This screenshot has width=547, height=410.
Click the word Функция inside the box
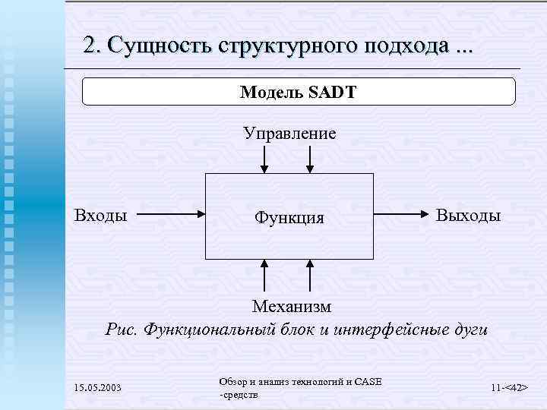click(289, 219)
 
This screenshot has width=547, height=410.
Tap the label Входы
click(100, 215)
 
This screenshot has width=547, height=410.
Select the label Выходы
click(468, 216)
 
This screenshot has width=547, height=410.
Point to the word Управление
click(289, 134)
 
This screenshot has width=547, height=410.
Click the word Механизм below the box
click(292, 307)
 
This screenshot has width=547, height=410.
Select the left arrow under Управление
click(264, 159)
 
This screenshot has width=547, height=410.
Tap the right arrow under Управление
click(310, 159)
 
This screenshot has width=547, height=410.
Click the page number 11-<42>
click(509, 388)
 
